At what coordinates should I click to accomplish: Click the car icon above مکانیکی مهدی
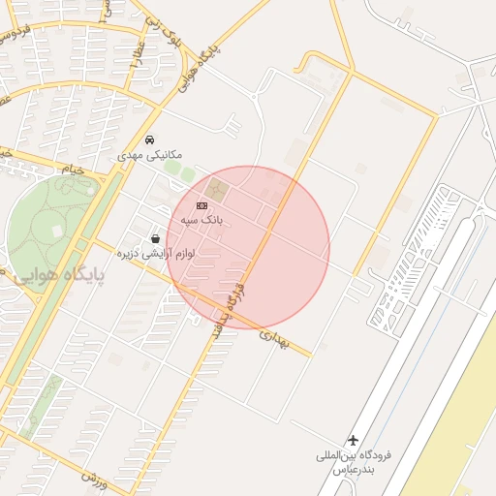tap(148, 140)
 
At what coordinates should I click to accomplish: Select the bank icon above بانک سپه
tap(201, 205)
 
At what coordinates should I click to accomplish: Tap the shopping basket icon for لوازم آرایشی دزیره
tap(155, 238)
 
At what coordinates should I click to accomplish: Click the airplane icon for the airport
tap(354, 441)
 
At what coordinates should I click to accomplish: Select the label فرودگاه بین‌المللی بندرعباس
tap(353, 461)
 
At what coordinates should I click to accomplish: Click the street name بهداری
tap(275, 335)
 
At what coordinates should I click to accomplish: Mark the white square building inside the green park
tap(57, 231)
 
